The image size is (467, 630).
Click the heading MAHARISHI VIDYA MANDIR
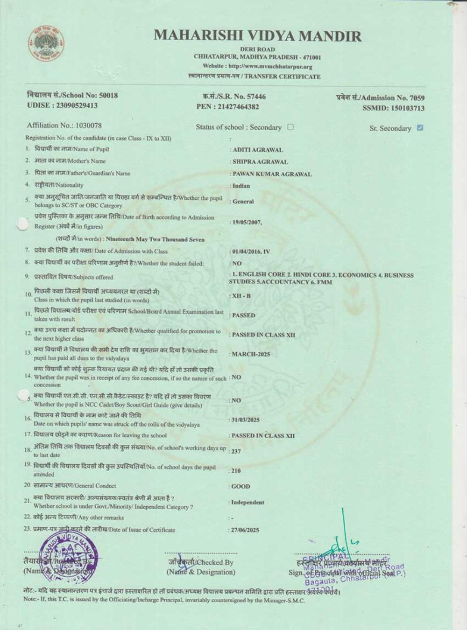pos(257,36)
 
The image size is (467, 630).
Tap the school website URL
pos(270,66)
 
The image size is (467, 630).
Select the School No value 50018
pos(108,95)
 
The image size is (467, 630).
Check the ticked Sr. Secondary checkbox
pos(420,127)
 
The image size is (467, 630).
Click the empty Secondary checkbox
pos(290,127)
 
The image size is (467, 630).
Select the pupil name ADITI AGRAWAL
pos(258,150)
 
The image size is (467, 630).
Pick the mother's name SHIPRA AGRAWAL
pos(260,162)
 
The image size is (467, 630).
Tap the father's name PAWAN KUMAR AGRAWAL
pos(272,174)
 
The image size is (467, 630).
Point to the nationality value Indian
pos(241,186)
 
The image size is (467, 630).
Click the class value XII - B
pos(241,296)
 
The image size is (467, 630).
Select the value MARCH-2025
pos(251,354)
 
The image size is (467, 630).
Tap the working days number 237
pos(237,451)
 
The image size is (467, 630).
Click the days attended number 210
pos(236,471)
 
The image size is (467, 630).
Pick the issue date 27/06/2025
pos(245,530)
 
